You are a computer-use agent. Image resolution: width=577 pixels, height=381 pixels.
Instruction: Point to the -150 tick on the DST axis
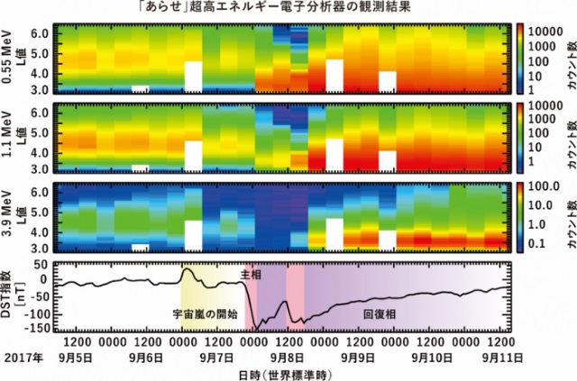(x=35, y=330)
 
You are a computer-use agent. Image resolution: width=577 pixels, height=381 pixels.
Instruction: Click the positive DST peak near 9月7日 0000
(x=187, y=268)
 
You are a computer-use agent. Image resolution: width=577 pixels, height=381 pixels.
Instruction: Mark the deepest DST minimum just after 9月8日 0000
(x=256, y=328)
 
